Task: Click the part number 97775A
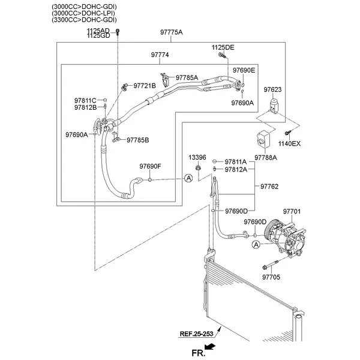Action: click(172, 32)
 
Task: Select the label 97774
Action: click(160, 55)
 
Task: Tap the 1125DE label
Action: click(223, 47)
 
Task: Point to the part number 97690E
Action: click(244, 70)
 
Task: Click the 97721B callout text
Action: click(144, 86)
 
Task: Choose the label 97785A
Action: click(187, 77)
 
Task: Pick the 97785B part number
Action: click(137, 140)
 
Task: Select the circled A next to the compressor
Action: click(256, 244)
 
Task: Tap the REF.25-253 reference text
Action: click(196, 334)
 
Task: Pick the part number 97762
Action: click(269, 187)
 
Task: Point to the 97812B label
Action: click(85, 107)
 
